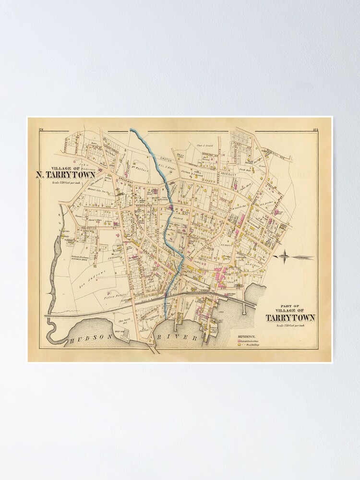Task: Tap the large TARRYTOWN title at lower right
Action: tap(290, 317)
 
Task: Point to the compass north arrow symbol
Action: tap(284, 257)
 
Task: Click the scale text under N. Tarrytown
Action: tap(66, 184)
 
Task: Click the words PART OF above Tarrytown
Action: tap(290, 306)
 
